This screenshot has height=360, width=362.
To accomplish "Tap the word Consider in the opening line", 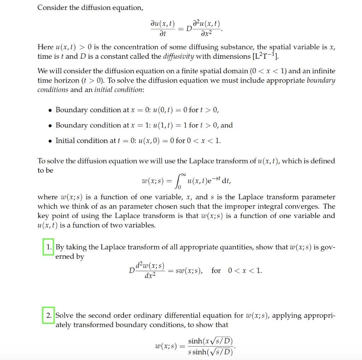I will pyautogui.click(x=52, y=8).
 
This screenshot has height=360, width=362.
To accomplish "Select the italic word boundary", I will pyautogui.click(x=321, y=80).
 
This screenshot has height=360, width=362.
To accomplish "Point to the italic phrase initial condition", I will pyautogui.click(x=118, y=90).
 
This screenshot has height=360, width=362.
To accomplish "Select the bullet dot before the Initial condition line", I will pyautogui.click(x=51, y=141).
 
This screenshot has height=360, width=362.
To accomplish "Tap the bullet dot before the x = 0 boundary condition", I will pyautogui.click(x=51, y=110).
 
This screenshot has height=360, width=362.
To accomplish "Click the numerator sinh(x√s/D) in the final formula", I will pyautogui.click(x=210, y=341).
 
